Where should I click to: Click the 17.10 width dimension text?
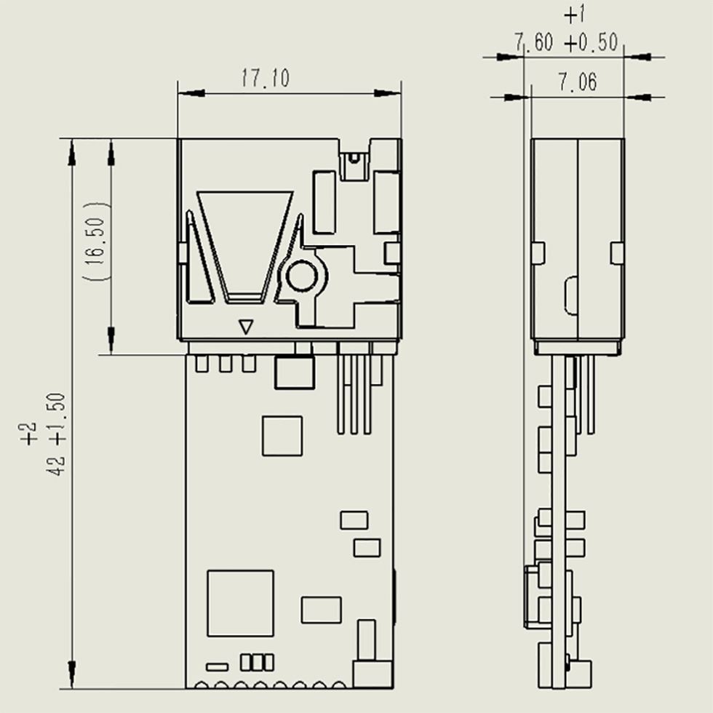265,79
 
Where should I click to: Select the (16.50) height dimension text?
96,241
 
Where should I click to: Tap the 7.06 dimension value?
578,82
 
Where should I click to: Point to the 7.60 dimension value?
534,42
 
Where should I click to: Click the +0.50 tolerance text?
591,43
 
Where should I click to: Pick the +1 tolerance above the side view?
574,15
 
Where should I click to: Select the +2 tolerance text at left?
28,434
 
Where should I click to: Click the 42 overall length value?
56,465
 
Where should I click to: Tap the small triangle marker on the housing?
246,327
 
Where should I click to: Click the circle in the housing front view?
301,276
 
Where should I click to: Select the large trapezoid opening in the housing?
244,247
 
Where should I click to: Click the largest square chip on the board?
241,603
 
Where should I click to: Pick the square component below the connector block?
282,436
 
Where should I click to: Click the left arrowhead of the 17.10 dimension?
191,93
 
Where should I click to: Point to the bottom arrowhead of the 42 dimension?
71,674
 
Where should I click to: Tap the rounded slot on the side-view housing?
571,295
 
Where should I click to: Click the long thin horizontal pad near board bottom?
217,667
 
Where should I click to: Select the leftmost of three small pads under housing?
202,364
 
